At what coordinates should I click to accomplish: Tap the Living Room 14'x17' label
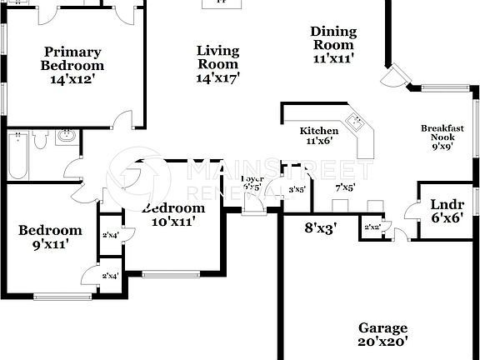tap(217, 64)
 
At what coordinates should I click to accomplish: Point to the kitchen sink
tap(356, 122)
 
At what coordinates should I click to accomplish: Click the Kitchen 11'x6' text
tap(319, 136)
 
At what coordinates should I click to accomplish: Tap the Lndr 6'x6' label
tap(447, 211)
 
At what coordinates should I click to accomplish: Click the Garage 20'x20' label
tap(382, 334)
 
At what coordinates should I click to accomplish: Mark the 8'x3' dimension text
tap(320, 227)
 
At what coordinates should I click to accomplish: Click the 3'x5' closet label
tap(296, 189)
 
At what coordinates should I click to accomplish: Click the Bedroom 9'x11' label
tap(50, 237)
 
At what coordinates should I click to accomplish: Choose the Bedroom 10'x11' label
tap(172, 215)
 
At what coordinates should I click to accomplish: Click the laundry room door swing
tap(409, 215)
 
